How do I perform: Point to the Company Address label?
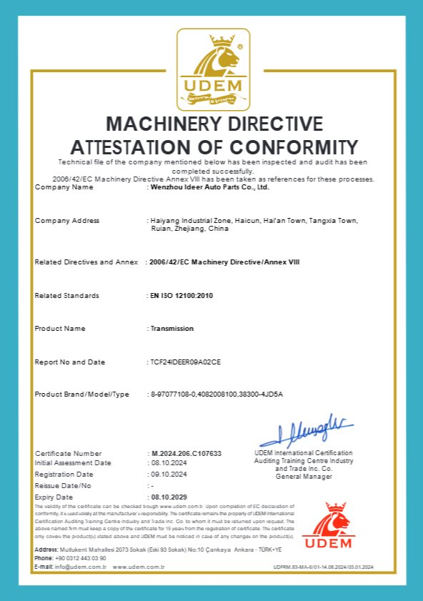[67, 220]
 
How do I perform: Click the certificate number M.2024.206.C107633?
[186, 454]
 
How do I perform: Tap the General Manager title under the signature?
[304, 476]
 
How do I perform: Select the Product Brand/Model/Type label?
[81, 394]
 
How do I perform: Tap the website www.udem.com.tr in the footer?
[139, 567]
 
